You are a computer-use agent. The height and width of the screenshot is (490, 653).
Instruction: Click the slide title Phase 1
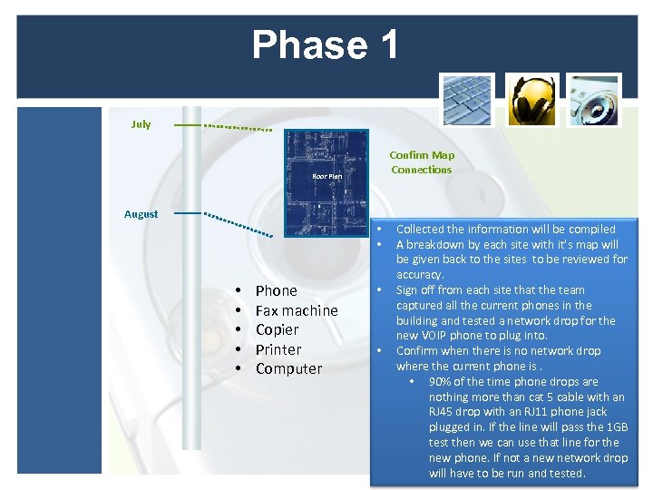(326, 44)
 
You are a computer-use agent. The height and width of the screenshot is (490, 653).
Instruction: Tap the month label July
(141, 124)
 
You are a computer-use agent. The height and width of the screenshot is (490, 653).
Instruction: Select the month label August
(141, 214)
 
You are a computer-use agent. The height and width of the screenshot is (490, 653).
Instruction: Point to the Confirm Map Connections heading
(422, 162)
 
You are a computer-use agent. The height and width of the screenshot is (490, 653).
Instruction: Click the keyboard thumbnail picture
(467, 99)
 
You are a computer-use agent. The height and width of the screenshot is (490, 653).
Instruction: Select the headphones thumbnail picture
(531, 99)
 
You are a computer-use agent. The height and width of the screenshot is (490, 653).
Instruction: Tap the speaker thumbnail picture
(595, 99)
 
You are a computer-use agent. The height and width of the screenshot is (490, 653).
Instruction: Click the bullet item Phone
(276, 290)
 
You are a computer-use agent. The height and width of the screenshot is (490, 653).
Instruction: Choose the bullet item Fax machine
(296, 310)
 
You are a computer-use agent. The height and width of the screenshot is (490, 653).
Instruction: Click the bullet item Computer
(288, 368)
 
